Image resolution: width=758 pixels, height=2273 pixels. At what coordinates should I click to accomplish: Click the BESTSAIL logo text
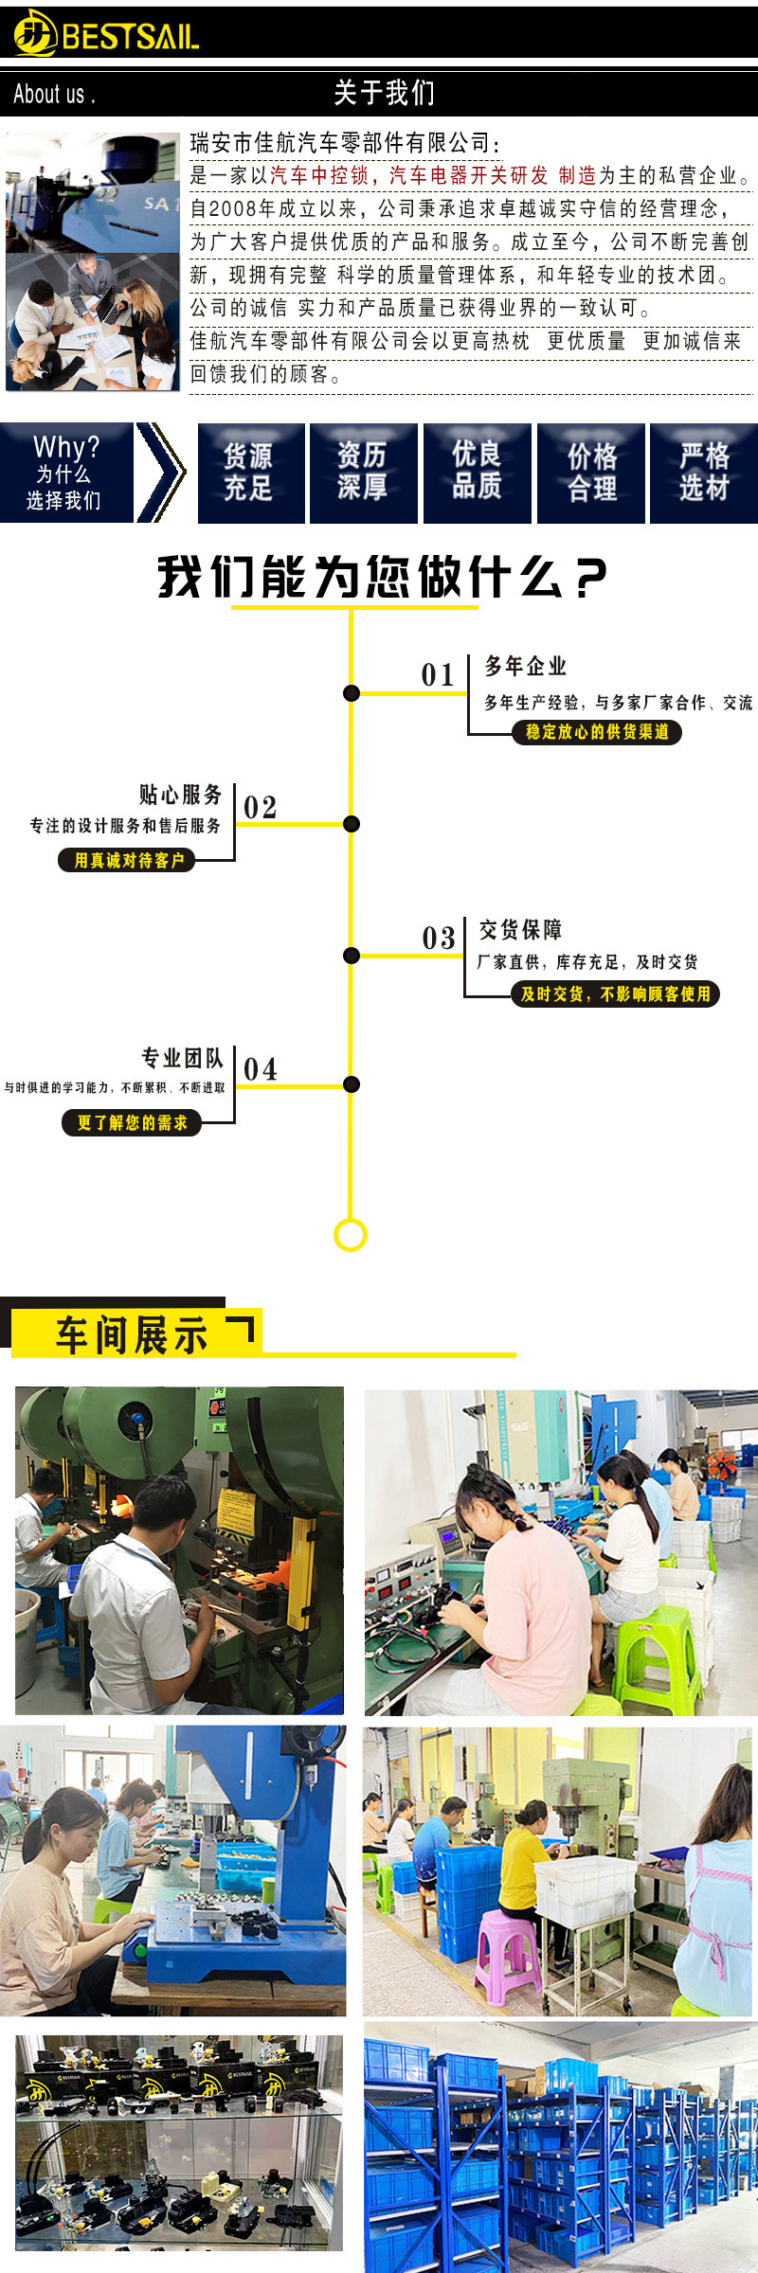point(130,37)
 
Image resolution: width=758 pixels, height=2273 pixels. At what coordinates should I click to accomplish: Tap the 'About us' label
point(54,94)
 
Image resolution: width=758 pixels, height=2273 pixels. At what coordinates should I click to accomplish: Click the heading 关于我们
point(384,93)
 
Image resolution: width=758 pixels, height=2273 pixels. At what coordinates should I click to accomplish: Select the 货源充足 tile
point(250,473)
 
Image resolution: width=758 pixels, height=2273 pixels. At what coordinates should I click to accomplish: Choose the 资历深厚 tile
point(363,473)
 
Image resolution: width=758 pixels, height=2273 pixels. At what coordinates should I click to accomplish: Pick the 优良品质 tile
point(477,473)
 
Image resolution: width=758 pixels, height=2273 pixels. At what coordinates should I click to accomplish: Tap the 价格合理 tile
point(591,473)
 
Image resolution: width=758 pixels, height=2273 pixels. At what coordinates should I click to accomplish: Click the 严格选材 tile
point(704,473)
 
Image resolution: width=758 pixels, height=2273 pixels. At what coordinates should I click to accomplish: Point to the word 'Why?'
point(65,446)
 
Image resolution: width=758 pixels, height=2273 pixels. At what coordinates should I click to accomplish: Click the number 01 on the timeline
point(438,675)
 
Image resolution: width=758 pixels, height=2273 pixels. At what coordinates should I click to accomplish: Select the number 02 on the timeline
point(260,808)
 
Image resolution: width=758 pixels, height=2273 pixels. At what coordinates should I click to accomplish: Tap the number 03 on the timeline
point(439,939)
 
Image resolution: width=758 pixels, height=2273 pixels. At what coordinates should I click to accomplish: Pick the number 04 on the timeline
point(260,1070)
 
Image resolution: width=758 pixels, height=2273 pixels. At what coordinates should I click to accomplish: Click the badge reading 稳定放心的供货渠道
point(597,732)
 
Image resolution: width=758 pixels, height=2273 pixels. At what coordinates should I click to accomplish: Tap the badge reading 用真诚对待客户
point(128,860)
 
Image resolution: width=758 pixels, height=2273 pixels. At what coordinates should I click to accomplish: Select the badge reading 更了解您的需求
point(132,1123)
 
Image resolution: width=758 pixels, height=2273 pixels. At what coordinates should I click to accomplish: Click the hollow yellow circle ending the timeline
point(351,1235)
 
